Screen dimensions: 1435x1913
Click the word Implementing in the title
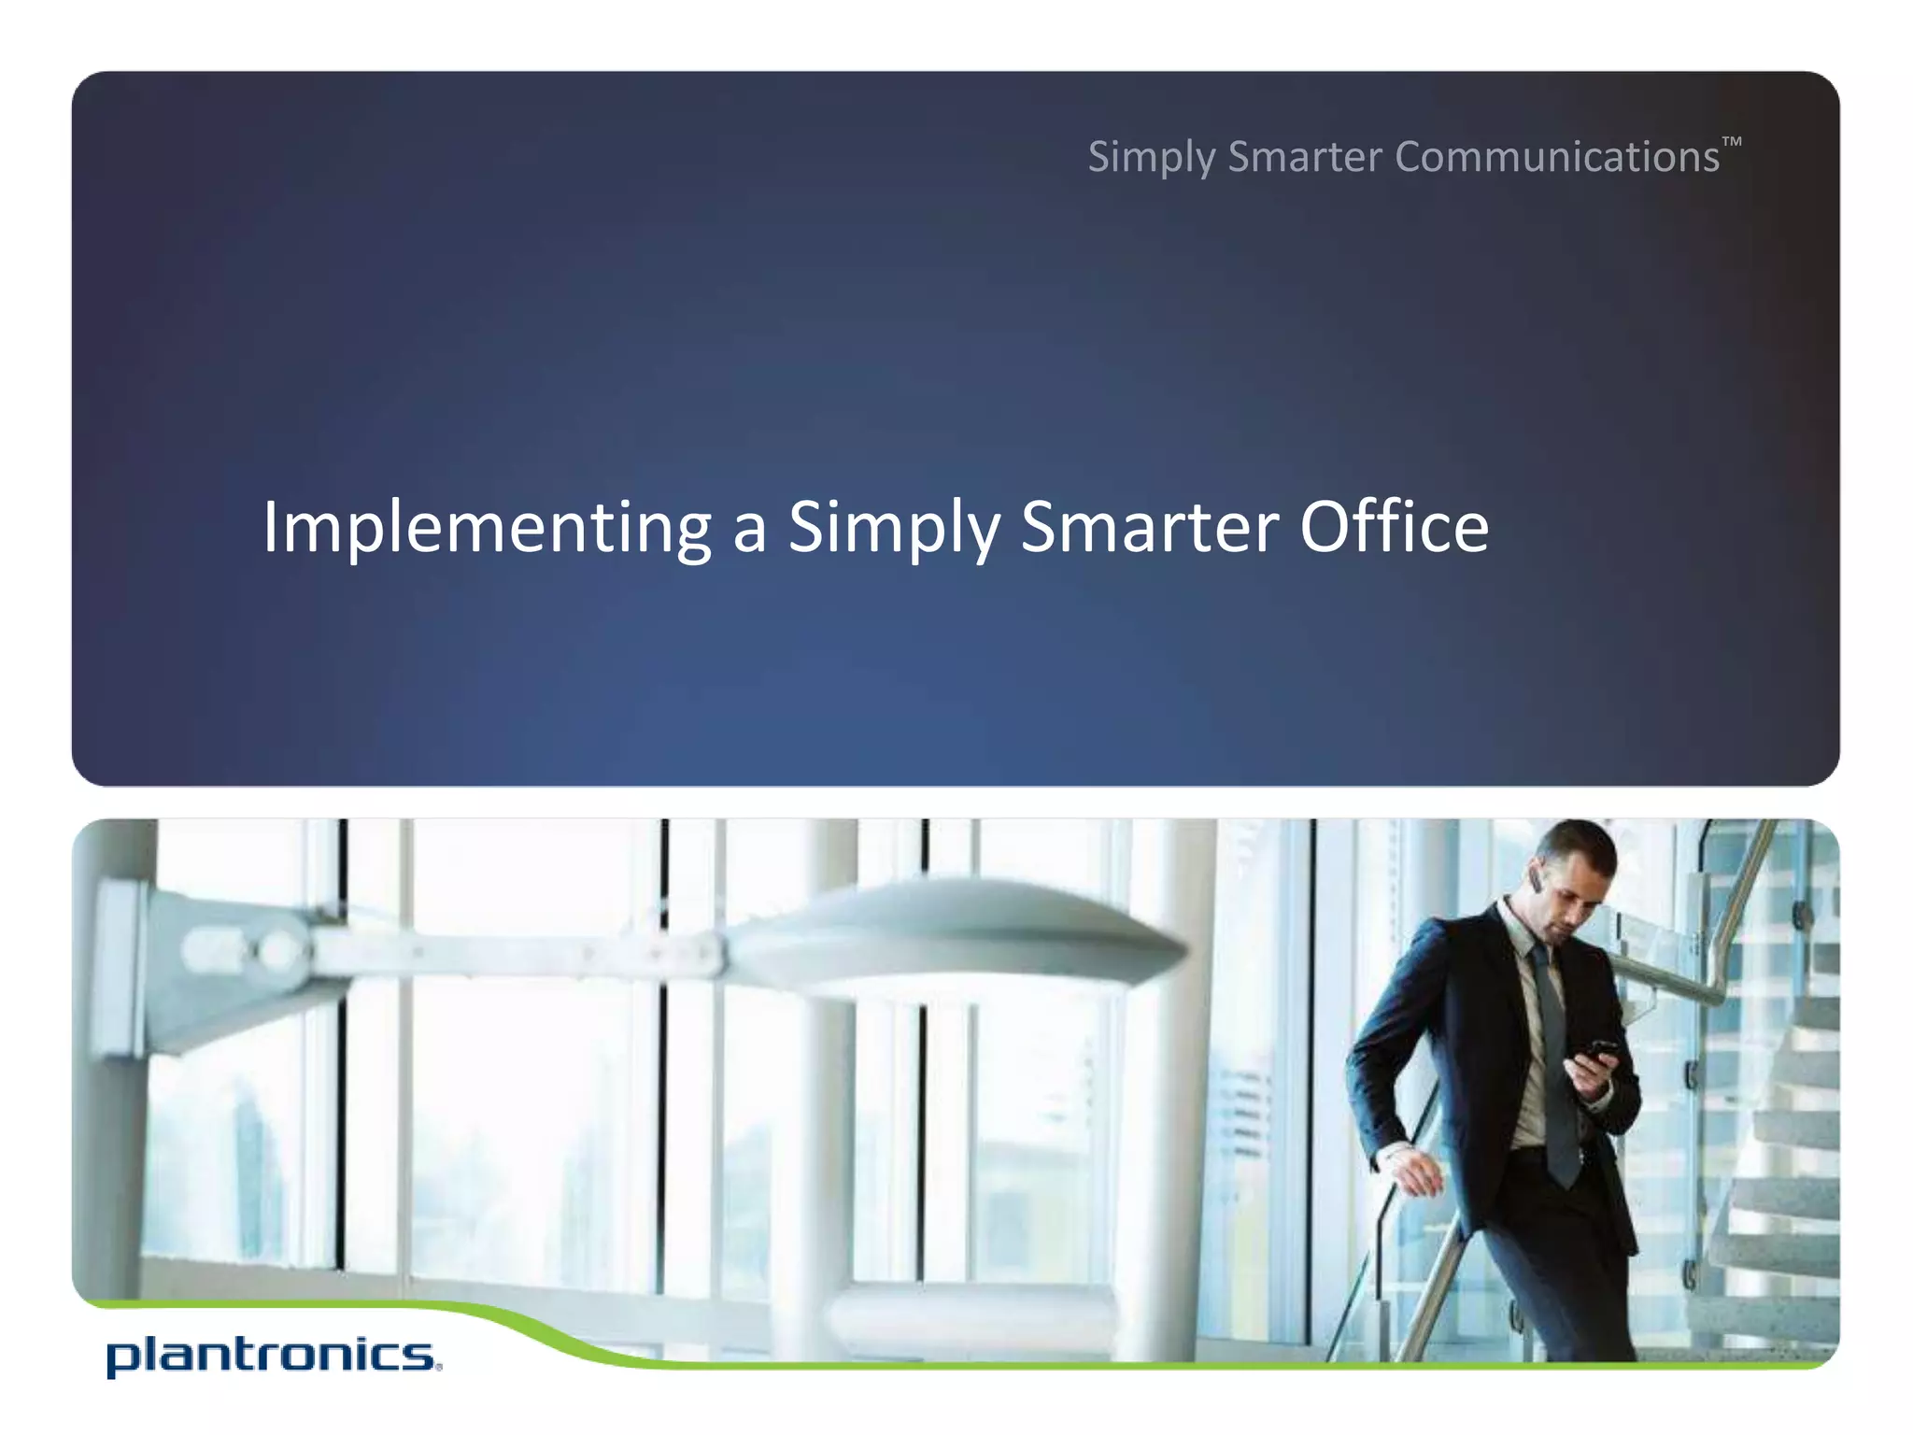coord(487,528)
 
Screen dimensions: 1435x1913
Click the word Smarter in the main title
coord(1150,528)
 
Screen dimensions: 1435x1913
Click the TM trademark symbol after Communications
coord(1732,142)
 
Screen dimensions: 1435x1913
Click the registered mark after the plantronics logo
coord(438,1368)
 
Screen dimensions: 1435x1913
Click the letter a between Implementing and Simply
coord(749,530)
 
